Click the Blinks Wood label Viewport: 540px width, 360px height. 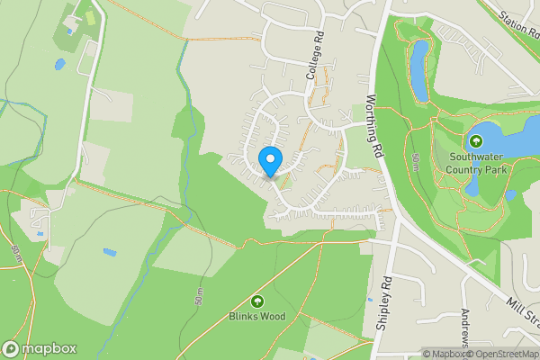tap(257, 316)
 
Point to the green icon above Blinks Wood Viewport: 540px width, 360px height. tap(257, 301)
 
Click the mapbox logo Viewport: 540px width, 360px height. tap(40, 348)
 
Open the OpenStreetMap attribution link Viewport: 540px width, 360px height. tap(505, 354)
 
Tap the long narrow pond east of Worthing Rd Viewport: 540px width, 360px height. tap(418, 70)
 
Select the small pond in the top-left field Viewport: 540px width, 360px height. tap(59, 64)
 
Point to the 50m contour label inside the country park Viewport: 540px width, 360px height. tap(416, 163)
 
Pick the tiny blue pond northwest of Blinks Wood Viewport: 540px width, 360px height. tap(109, 253)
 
